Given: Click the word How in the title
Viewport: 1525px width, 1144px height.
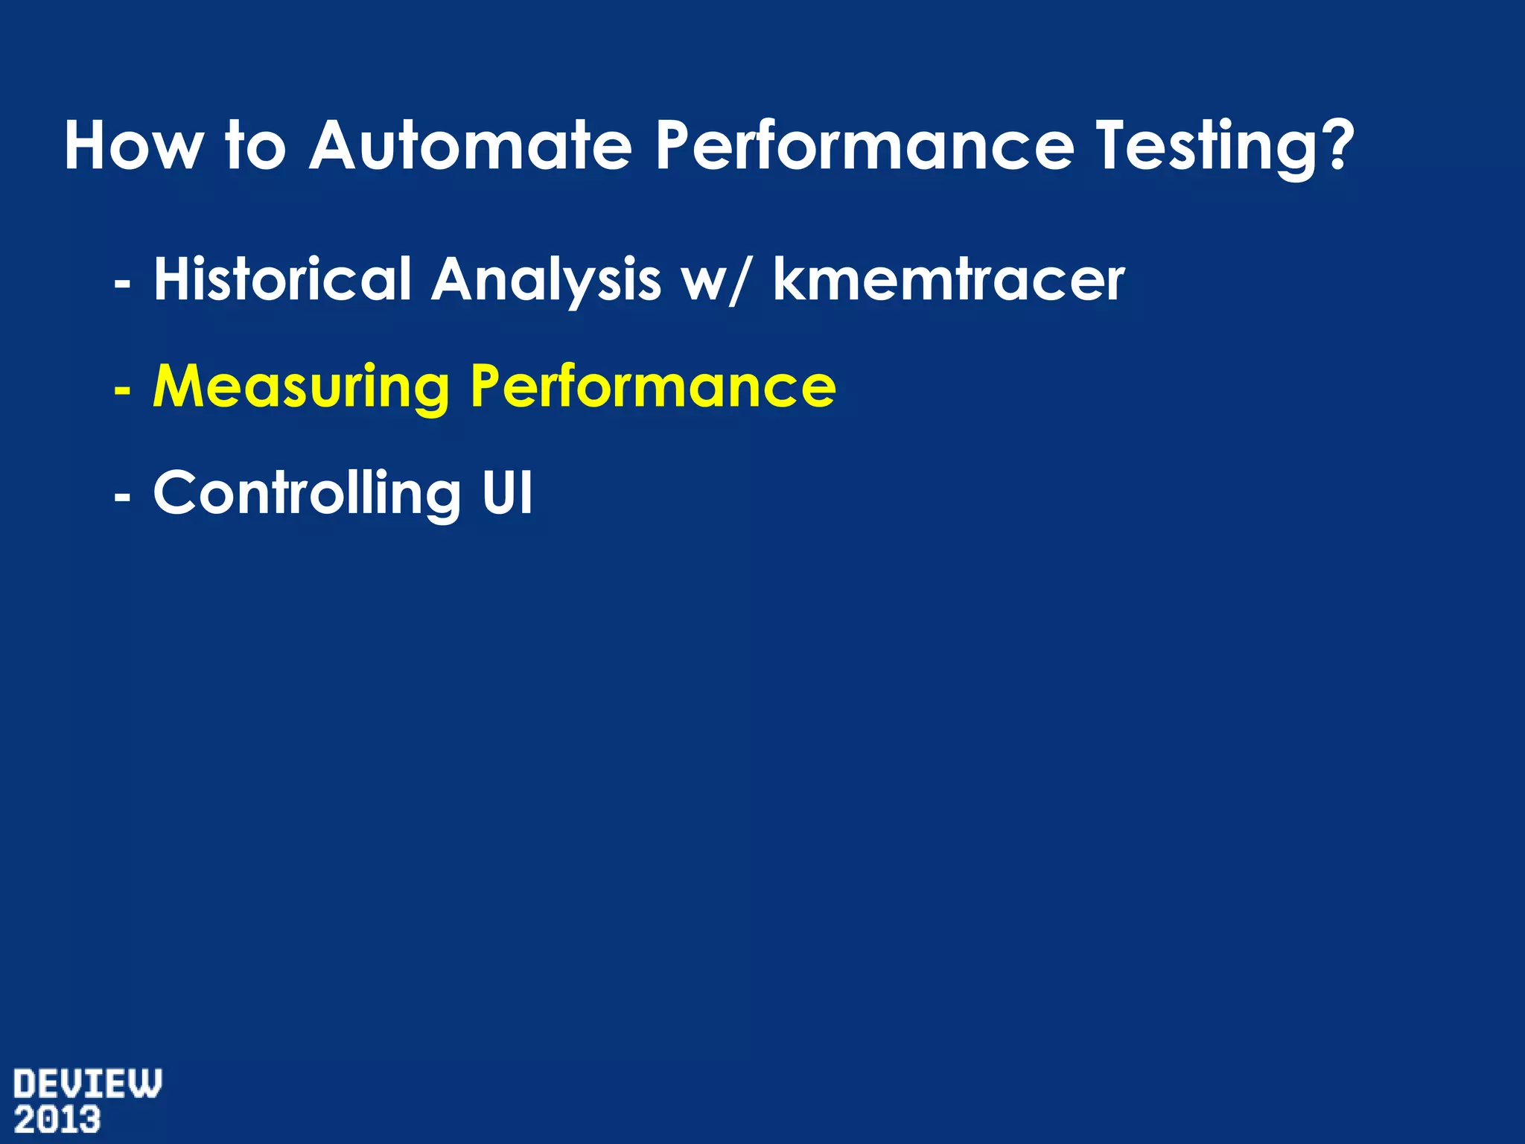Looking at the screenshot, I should coord(133,146).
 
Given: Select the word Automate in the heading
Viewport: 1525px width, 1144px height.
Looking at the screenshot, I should coord(471,146).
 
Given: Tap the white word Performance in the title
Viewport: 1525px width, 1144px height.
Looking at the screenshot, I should coord(864,146).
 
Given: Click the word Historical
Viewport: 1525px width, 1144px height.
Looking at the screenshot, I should coord(282,279).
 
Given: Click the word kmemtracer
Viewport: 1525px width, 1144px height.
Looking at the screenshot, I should coord(949,279).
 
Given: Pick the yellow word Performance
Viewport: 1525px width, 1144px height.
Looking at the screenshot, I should coord(653,386).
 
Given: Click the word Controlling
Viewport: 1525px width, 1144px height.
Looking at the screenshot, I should coord(307,494).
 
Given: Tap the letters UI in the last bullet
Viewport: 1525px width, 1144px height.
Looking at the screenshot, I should coord(507,492).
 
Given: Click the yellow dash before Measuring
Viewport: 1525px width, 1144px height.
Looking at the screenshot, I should coord(122,390).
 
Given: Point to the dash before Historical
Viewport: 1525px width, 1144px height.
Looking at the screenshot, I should coord(122,284).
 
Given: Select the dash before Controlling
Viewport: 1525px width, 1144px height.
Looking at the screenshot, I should coord(122,496).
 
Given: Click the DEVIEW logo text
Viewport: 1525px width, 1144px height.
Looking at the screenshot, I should coord(87,1084).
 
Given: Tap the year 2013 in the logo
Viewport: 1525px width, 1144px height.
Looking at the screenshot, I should coord(57,1120).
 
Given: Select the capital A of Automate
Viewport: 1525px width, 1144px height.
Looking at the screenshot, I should coord(335,145).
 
